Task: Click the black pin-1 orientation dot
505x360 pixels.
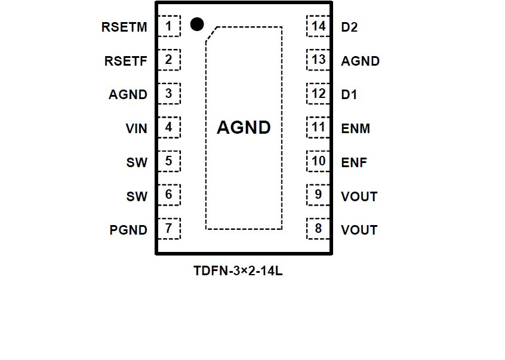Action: tap(197, 24)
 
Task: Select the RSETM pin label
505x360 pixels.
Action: tap(124, 27)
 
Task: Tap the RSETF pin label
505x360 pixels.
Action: tap(125, 61)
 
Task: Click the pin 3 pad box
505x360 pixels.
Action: tap(169, 94)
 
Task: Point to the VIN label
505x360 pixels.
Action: tap(136, 128)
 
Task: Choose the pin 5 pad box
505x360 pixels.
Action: tap(169, 161)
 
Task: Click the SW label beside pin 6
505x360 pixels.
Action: tap(137, 196)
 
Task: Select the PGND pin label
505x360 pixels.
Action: tap(128, 230)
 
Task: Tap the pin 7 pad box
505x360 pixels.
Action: tap(169, 228)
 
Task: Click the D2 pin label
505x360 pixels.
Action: tap(349, 27)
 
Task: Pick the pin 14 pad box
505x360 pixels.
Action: tap(318, 26)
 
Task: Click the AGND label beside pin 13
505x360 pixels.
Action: tap(360, 61)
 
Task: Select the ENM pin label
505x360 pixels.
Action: tap(355, 128)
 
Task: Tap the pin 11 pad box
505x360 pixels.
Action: tap(318, 127)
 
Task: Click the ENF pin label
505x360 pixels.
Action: tap(354, 162)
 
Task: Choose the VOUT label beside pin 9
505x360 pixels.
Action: tap(359, 196)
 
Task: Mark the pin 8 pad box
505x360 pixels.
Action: tap(318, 228)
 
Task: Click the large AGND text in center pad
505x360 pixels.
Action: tap(244, 128)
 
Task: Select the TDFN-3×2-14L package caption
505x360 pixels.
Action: tap(238, 270)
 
